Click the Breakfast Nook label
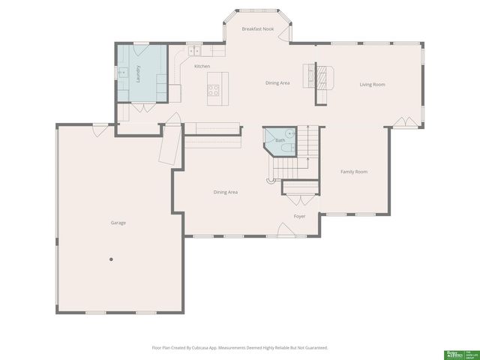click(257, 28)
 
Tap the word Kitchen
click(202, 67)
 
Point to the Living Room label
click(372, 85)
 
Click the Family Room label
click(354, 172)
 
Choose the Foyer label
click(299, 216)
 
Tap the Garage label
click(118, 223)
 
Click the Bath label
click(280, 140)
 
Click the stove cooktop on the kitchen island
click(214, 91)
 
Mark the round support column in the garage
click(111, 259)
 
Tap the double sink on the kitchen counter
click(194, 50)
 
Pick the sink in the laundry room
click(121, 73)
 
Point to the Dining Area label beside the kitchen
click(277, 82)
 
